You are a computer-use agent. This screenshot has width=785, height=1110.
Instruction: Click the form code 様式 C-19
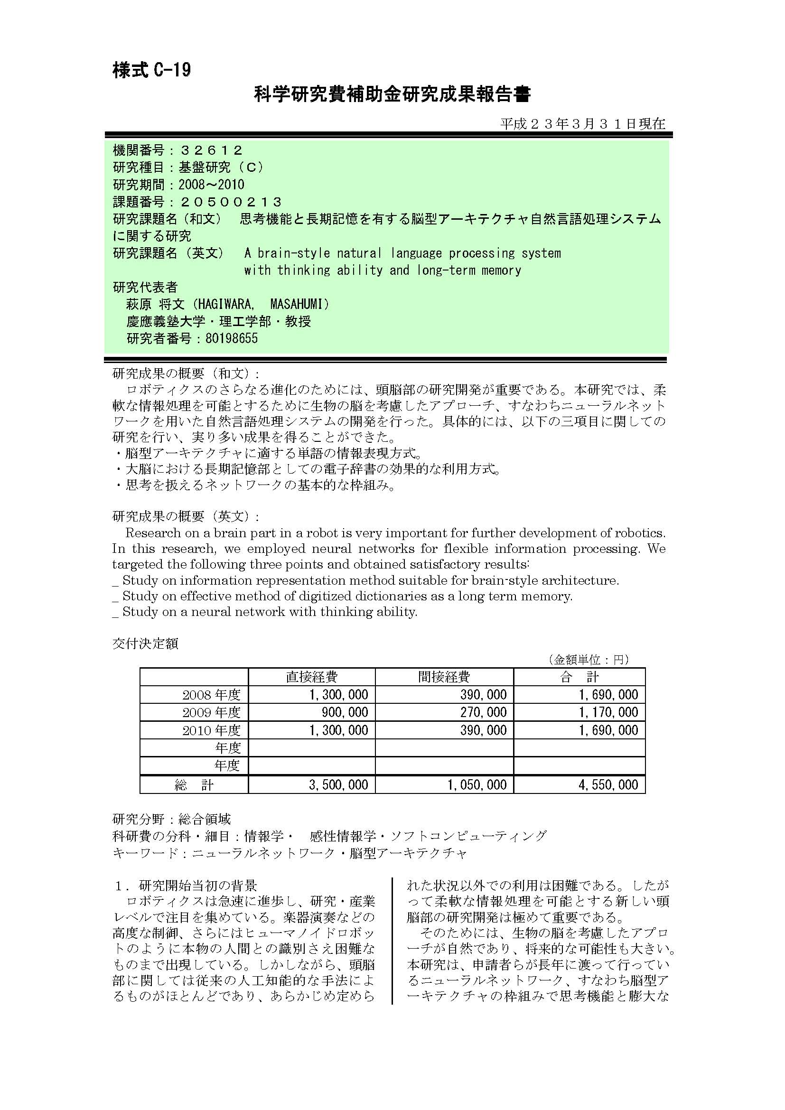pyautogui.click(x=152, y=70)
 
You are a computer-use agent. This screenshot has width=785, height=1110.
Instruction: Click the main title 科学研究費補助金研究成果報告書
pyautogui.click(x=392, y=94)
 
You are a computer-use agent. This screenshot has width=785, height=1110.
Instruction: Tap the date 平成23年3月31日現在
pyautogui.click(x=582, y=124)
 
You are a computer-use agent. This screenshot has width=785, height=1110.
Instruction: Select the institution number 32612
pyautogui.click(x=211, y=150)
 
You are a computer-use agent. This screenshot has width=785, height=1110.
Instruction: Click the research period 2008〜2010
pyautogui.click(x=211, y=185)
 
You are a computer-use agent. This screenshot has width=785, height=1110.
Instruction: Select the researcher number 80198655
pyautogui.click(x=232, y=338)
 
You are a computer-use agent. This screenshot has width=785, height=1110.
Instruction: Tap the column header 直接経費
pyautogui.click(x=311, y=677)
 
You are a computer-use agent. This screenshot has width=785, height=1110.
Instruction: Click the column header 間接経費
pyautogui.click(x=444, y=677)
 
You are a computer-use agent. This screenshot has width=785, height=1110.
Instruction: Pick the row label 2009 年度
pyautogui.click(x=211, y=712)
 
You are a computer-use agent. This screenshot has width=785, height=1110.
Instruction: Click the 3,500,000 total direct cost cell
pyautogui.click(x=338, y=784)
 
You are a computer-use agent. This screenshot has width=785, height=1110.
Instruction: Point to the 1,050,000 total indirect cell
pyautogui.click(x=477, y=784)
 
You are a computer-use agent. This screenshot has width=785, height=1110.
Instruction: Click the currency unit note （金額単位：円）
pyautogui.click(x=588, y=660)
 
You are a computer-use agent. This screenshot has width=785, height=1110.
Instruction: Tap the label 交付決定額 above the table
pyautogui.click(x=145, y=644)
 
